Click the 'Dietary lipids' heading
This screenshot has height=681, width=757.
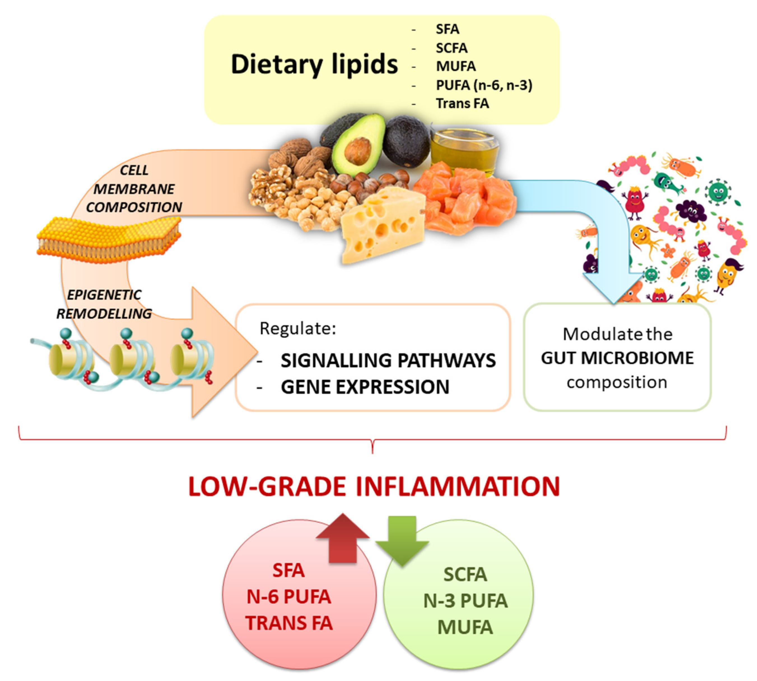[x=314, y=64]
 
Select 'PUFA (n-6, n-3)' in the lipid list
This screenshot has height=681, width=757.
[x=483, y=85]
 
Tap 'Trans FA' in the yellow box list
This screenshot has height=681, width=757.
[x=462, y=103]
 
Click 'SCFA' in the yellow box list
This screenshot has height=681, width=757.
[x=451, y=48]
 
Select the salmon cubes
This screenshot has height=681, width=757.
[x=466, y=198]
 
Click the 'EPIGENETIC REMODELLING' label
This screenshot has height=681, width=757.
[x=104, y=304]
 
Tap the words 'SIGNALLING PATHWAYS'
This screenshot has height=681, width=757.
[x=388, y=360]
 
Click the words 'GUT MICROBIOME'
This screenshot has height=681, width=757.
[x=617, y=358]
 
